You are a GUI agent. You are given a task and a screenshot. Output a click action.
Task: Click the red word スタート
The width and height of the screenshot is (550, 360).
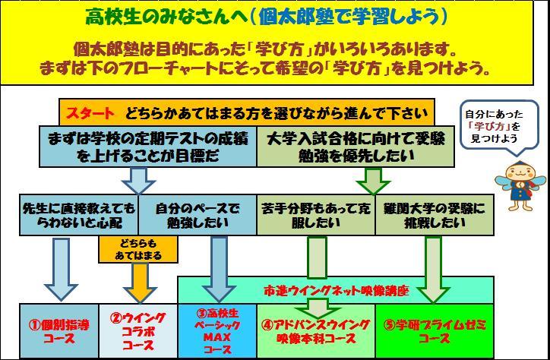90,114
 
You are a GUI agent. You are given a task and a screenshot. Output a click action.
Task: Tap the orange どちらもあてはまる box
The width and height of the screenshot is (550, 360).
138,249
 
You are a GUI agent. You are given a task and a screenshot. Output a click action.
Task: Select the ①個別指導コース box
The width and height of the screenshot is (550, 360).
59,331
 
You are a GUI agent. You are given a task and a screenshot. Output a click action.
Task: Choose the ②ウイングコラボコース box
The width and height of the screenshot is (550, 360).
138,331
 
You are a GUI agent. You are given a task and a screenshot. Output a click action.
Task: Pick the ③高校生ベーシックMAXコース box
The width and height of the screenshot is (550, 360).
217,331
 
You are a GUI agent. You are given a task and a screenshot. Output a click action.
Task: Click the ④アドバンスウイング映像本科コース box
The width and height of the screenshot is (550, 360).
316,331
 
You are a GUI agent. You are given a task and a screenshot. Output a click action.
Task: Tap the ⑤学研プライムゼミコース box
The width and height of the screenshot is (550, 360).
435,331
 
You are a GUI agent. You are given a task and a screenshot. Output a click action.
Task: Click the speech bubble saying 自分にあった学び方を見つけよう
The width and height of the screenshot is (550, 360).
498,125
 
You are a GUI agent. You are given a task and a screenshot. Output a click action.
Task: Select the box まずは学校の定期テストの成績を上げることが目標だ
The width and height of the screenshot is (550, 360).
147,146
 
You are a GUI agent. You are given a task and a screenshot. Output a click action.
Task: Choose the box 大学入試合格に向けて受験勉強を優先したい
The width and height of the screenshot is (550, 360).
356,146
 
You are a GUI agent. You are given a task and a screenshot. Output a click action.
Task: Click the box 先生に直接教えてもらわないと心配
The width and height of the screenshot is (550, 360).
79,215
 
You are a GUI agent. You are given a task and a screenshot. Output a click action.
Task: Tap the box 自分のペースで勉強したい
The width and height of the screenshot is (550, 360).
198,215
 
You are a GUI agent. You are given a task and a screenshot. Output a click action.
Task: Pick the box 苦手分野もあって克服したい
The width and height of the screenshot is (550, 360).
316,215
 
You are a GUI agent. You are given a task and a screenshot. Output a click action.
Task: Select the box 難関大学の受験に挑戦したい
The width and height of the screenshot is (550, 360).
435,215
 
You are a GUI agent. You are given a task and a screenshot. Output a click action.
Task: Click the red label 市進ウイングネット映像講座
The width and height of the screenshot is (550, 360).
336,291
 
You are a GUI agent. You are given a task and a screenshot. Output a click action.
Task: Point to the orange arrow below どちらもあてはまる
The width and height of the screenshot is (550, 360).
140,283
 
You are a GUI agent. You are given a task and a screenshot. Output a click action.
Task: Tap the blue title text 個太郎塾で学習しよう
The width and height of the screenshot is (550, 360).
349,17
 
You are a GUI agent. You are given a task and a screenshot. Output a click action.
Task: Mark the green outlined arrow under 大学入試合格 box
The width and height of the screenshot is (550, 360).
373,181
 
